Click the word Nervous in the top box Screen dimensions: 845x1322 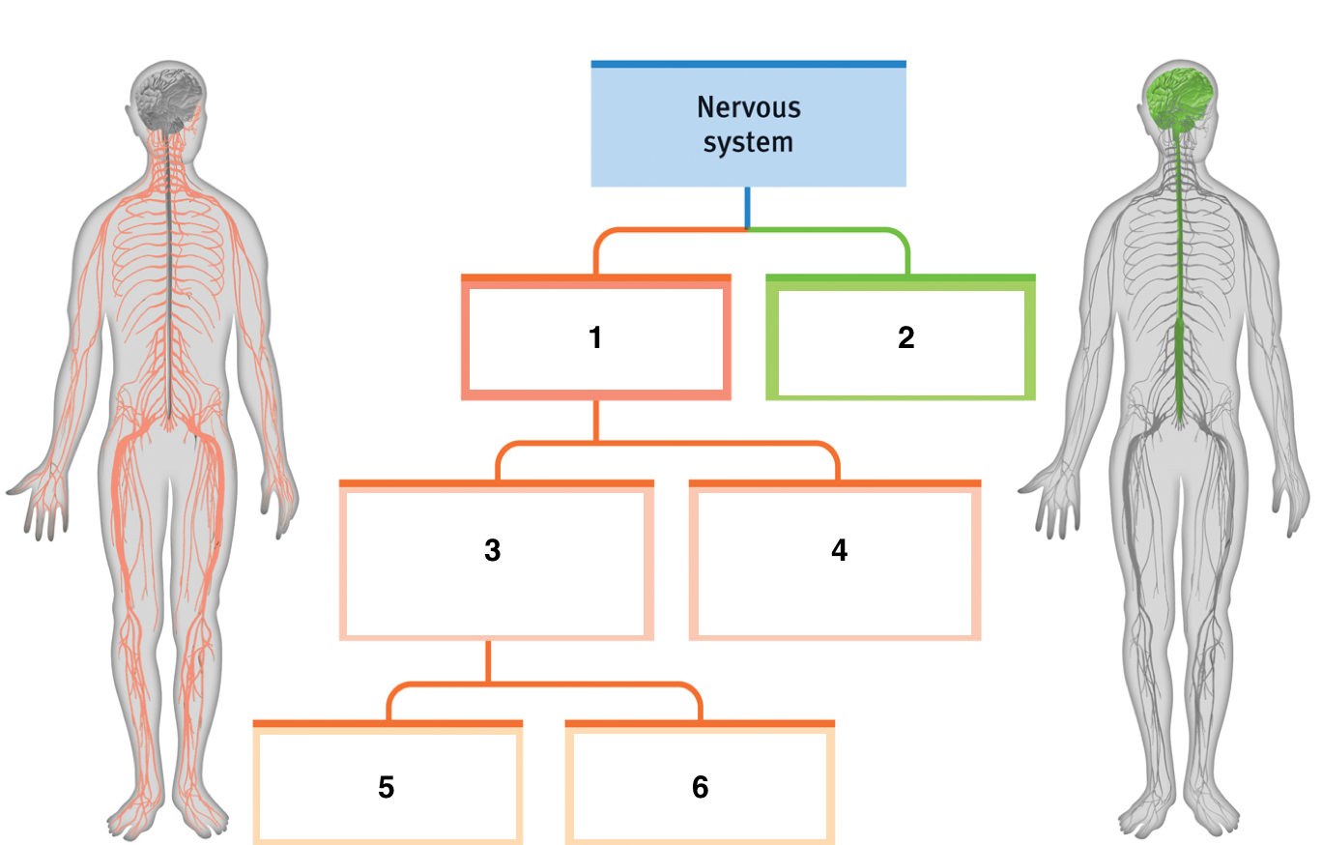click(748, 106)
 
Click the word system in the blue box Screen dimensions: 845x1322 click(748, 142)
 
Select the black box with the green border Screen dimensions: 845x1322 click(901, 342)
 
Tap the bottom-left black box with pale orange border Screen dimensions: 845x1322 click(388, 786)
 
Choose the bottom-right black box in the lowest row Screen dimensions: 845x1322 click(700, 786)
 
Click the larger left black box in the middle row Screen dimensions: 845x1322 click(496, 564)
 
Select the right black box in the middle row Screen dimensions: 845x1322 click(834, 564)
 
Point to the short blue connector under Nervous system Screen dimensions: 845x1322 click(747, 207)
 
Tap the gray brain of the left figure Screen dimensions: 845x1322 click(168, 100)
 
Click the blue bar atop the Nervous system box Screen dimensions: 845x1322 click(748, 65)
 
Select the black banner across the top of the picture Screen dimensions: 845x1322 click(661, 24)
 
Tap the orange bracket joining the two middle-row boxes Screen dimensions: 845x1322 click(667, 444)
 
